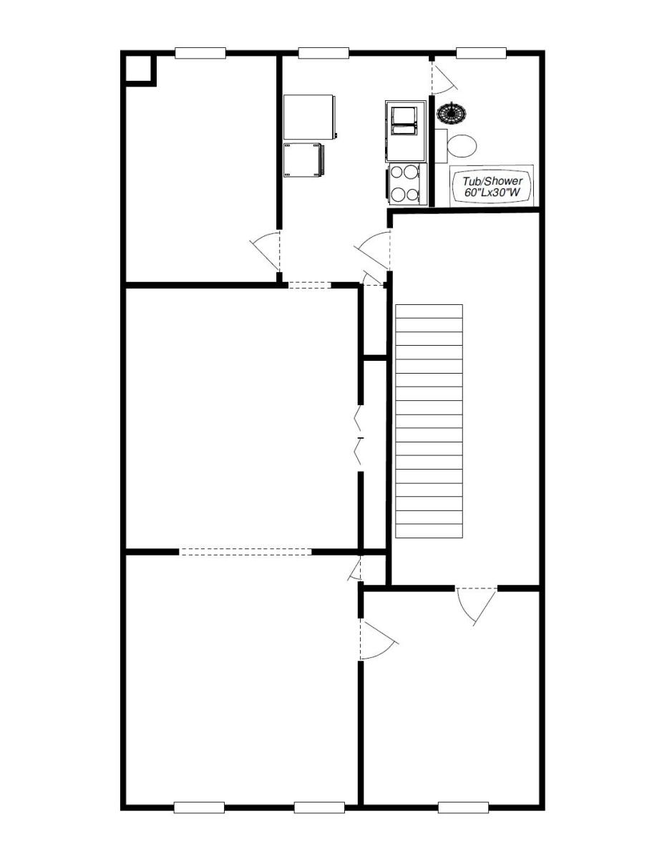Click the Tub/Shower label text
492,186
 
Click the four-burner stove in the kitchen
405,183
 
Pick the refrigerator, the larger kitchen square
309,117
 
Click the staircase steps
429,421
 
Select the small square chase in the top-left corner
138,69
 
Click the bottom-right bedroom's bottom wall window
463,807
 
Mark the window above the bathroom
481,52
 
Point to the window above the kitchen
323,52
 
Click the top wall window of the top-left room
200,52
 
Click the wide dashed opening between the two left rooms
245,552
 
